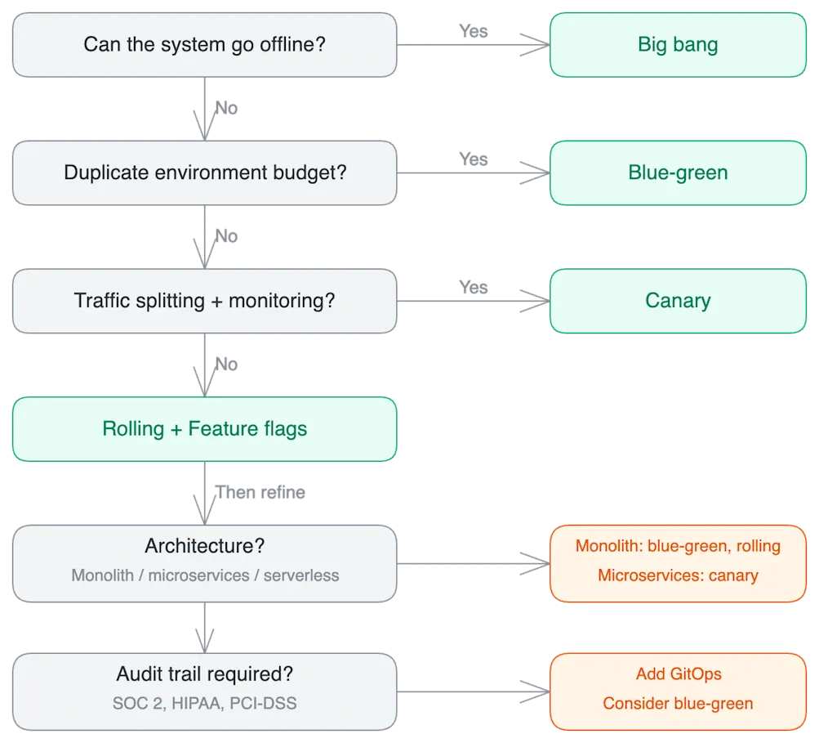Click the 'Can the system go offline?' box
(204, 44)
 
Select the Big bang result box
(678, 44)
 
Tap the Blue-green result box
(678, 172)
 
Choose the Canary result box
(678, 300)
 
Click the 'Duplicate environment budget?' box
(204, 172)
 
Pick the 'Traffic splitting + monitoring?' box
(204, 300)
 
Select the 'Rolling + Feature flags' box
(204, 429)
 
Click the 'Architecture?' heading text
(204, 546)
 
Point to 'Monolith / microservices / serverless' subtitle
(204, 575)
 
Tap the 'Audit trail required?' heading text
(204, 674)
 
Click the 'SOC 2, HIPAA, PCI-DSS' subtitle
(204, 703)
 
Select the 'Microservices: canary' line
(678, 575)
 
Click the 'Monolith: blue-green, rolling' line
(678, 546)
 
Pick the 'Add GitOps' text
(678, 674)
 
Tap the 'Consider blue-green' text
(678, 703)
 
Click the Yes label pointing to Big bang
(473, 30)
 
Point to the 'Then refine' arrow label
(260, 493)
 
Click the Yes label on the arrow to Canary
(473, 286)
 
